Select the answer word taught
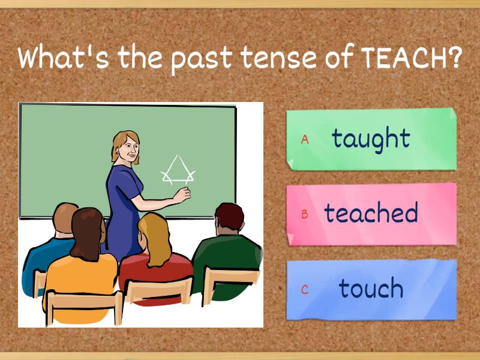tap(371, 139)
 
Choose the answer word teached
tap(371, 213)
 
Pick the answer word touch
tap(371, 288)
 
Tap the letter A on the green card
tap(305, 139)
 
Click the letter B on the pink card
tap(305, 214)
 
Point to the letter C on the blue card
tap(305, 289)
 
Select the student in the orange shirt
tap(81, 270)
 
